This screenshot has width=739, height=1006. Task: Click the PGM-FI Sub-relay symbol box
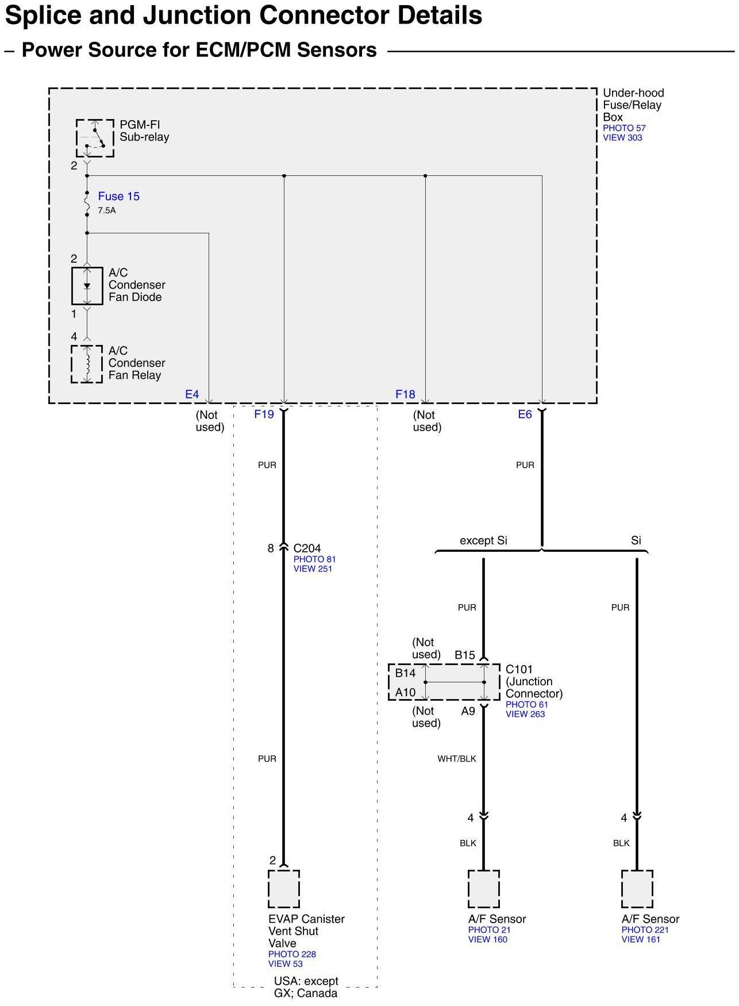[x=95, y=138]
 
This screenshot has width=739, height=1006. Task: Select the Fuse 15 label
[x=118, y=197]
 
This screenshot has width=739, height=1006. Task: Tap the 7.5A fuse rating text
[x=106, y=211]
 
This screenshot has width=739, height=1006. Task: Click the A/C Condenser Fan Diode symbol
[x=87, y=286]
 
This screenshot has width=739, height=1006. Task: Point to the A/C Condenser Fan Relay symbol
[x=87, y=364]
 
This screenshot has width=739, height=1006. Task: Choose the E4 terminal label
[x=191, y=394]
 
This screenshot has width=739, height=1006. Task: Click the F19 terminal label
[x=264, y=414]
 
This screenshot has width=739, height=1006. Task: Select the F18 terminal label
[x=405, y=394]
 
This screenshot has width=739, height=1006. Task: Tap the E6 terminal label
[x=525, y=414]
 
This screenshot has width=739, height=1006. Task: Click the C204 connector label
[x=307, y=548]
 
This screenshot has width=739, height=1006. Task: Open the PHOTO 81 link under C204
[x=314, y=559]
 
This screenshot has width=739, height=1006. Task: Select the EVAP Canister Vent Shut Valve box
[x=284, y=889]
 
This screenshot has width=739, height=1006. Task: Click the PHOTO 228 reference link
[x=292, y=954]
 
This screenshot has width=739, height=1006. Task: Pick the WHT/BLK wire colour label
[x=457, y=759]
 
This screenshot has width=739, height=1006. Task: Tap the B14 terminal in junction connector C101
[x=405, y=673]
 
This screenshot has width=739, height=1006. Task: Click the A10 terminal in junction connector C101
[x=405, y=693]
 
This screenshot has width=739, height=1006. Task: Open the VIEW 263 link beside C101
[x=525, y=715]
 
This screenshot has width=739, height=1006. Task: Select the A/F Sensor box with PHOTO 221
[x=637, y=889]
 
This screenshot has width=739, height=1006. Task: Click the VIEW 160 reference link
[x=487, y=940]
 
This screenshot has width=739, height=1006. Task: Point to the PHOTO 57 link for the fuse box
[x=624, y=128]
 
